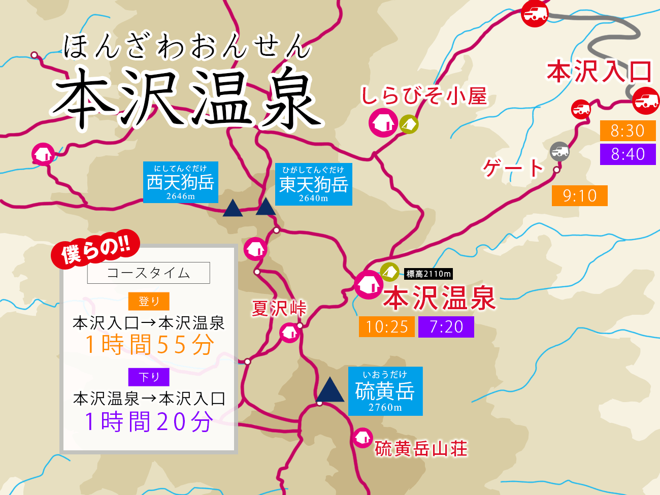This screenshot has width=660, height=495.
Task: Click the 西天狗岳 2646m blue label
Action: point(180,183)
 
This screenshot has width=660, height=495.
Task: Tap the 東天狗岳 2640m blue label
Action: point(313,184)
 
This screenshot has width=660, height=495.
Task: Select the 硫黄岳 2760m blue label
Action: point(385,391)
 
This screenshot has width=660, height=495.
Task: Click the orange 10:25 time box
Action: point(387,327)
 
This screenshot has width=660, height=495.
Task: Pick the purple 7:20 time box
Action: point(446,327)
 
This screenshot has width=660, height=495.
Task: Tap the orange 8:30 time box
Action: point(628,131)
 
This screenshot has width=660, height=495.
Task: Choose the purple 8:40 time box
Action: point(628,154)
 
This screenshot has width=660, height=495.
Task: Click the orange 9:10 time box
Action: point(579,196)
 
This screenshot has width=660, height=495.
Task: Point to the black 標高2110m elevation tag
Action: point(428,274)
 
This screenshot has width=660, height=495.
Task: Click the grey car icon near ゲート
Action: point(559,151)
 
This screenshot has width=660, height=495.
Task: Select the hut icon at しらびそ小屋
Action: point(383,123)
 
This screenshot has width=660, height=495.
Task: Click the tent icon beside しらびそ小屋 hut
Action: point(409,124)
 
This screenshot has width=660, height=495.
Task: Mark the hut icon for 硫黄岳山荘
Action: point(362,438)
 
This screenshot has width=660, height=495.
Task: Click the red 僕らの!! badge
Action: point(95,248)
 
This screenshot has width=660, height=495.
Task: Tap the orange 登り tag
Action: point(149,301)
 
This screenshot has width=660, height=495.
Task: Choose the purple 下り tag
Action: point(149,377)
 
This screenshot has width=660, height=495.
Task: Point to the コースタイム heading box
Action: point(148,273)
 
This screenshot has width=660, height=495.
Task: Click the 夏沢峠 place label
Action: point(279,308)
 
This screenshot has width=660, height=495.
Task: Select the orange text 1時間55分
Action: point(149,345)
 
